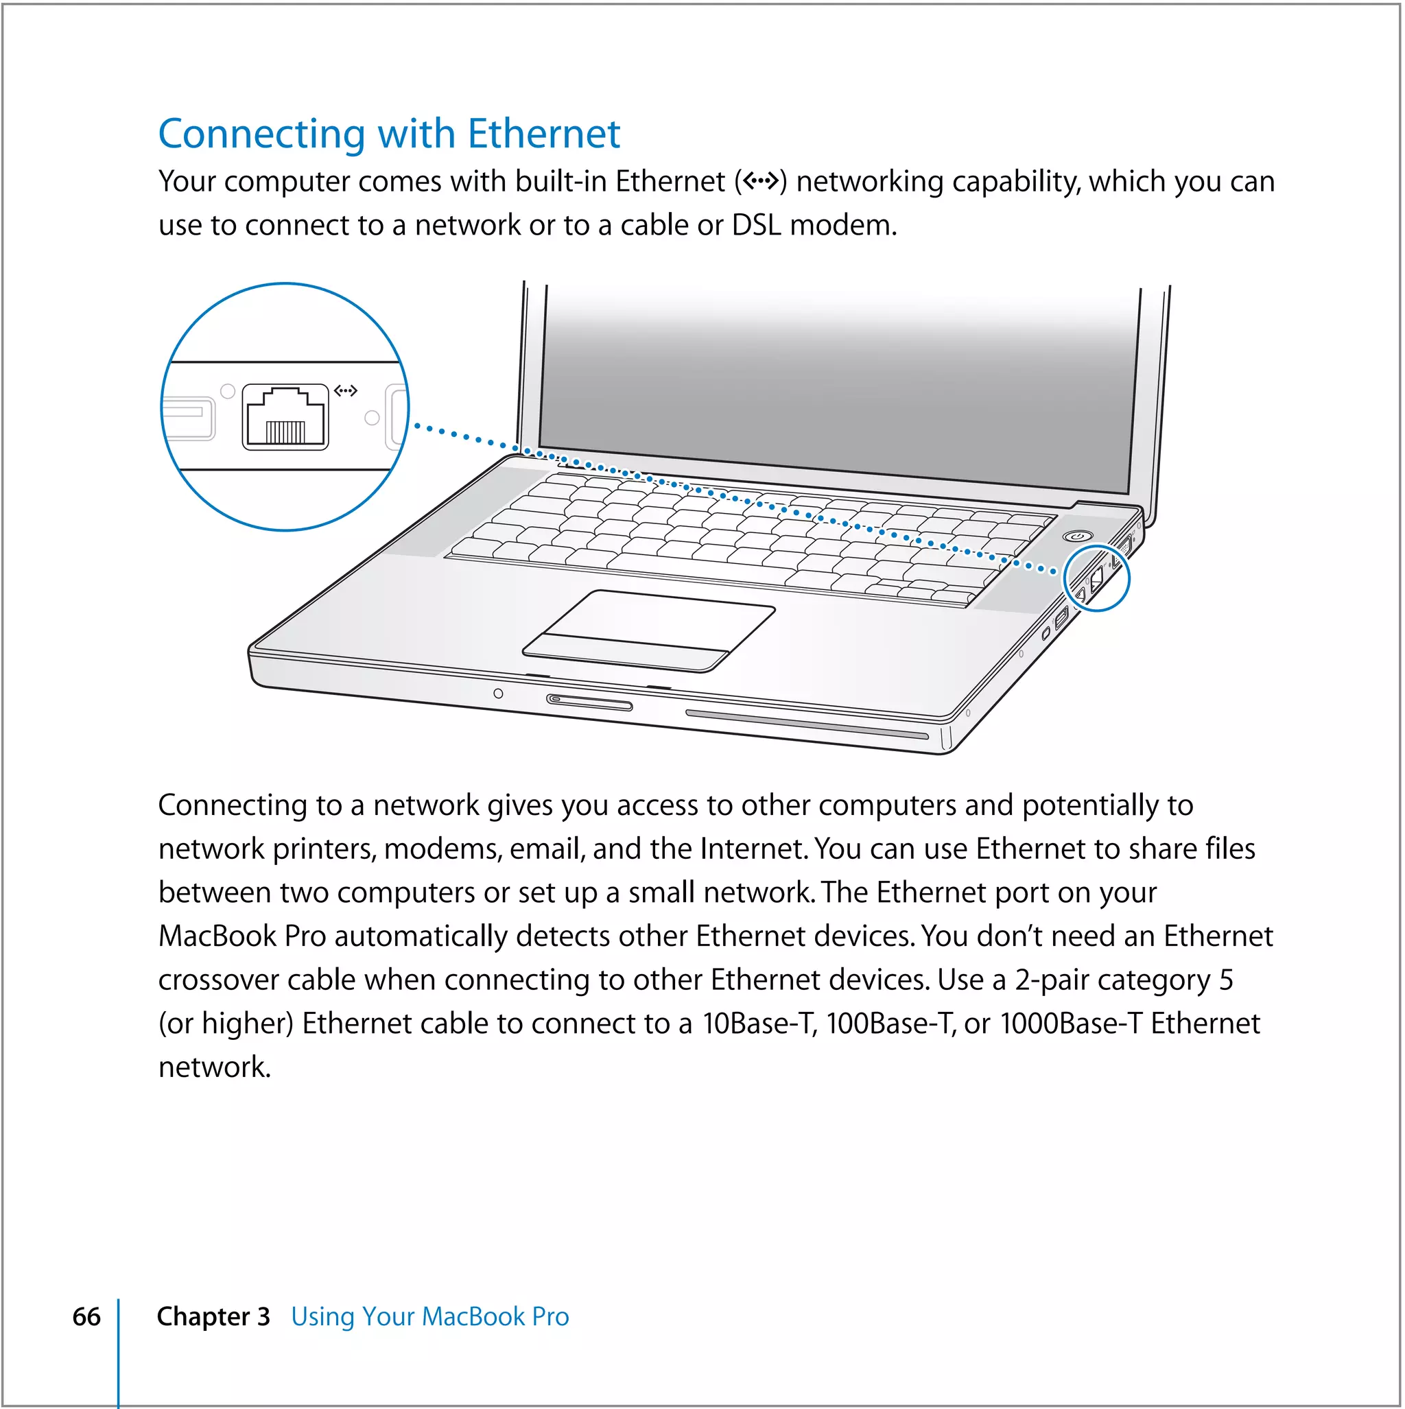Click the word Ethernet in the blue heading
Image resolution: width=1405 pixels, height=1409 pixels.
coord(543,134)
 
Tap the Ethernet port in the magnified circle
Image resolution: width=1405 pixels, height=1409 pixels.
coord(285,417)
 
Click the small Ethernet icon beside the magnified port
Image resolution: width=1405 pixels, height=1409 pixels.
coord(345,391)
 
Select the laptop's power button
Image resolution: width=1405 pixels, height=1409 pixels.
coord(1078,536)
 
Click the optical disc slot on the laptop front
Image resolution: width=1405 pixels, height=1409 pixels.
coord(806,724)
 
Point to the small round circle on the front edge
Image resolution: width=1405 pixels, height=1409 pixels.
coord(497,693)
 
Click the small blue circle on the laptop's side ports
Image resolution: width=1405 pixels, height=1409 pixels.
coord(1096,578)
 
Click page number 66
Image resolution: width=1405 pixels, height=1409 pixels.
coord(86,1316)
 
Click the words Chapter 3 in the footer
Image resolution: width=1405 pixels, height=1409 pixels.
coord(213,1316)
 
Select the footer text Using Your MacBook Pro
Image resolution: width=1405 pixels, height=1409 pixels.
coord(429,1316)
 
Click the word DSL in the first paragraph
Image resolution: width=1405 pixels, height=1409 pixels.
coord(756,226)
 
